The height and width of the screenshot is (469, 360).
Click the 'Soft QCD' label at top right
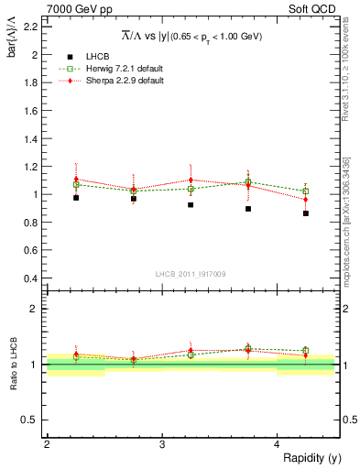click(314, 9)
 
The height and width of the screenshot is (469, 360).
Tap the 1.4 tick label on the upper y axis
click(30, 138)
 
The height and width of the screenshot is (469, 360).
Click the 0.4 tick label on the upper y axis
click(30, 278)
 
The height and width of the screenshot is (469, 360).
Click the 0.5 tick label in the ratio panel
click(30, 420)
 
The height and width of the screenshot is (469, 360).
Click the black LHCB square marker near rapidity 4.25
click(306, 213)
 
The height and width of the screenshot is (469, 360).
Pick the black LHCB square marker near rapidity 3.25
click(191, 205)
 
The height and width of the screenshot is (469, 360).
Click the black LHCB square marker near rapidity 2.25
click(76, 198)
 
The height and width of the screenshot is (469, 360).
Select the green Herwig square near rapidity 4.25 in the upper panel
click(306, 191)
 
